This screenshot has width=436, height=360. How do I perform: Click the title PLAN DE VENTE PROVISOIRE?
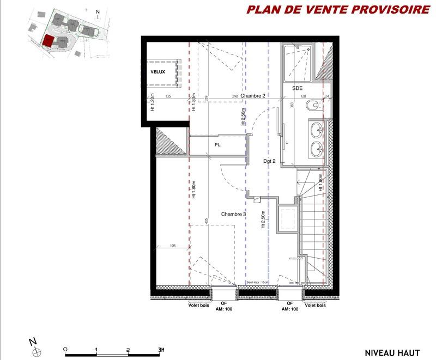(338, 10)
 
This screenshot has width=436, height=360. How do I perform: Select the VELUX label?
(158, 72)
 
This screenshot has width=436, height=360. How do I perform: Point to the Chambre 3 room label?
(234, 214)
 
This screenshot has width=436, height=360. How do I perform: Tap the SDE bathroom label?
(298, 88)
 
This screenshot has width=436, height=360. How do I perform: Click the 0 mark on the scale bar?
(65, 349)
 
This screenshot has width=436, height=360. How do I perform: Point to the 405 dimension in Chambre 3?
(207, 221)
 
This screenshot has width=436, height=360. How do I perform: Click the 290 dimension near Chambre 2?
(235, 96)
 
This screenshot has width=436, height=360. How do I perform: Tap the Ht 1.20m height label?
(153, 104)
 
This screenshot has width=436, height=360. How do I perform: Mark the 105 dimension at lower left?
(173, 245)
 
